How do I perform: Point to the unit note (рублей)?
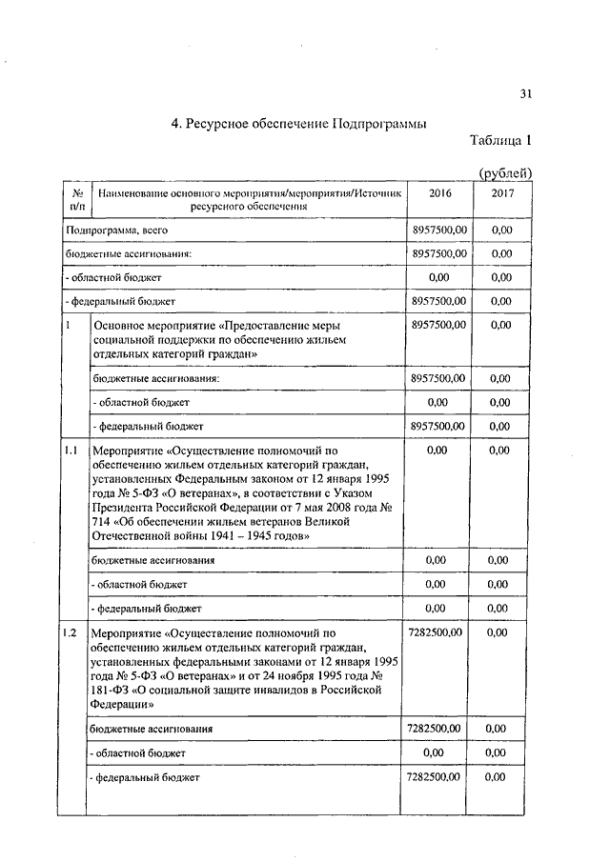click(504, 172)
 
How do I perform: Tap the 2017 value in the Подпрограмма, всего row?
click(501, 231)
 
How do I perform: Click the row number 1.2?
click(71, 631)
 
